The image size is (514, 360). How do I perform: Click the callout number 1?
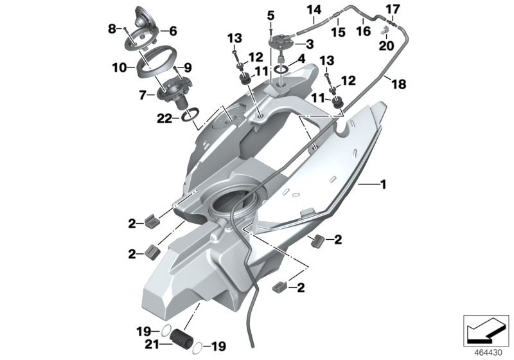[383, 184]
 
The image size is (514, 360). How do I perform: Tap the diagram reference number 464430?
[488, 353]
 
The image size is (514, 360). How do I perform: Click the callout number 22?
[164, 119]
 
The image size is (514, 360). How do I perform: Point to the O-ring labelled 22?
[190, 114]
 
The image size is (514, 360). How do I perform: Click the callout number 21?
[152, 345]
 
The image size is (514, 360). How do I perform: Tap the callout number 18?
[399, 84]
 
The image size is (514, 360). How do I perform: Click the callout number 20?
[386, 46]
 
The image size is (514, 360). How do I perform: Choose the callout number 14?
[314, 10]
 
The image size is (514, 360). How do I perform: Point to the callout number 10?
[119, 68]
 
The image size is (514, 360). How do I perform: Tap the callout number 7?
[142, 95]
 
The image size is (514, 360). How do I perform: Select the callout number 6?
[173, 31]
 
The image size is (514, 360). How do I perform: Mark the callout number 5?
[270, 15]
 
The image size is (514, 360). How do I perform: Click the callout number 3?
[310, 44]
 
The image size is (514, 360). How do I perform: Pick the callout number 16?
[364, 32]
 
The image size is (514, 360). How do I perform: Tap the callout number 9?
[188, 68]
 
